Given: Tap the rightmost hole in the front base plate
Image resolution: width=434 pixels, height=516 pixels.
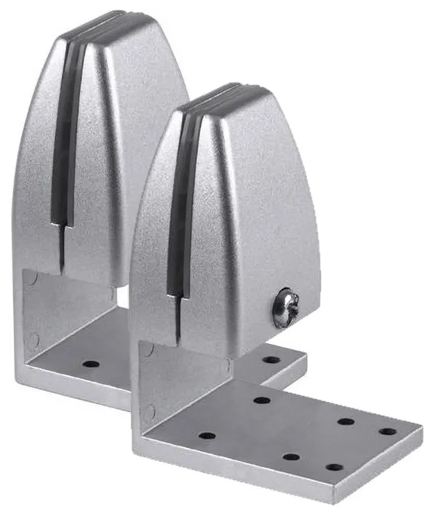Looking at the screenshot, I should tap(387, 431).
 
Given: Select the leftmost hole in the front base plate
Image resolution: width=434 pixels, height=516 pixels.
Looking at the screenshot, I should tap(206, 436).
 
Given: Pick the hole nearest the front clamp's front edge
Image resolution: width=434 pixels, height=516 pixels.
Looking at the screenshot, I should tap(333, 466).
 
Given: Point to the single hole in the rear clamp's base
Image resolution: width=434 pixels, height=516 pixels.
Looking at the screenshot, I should tap(91, 364).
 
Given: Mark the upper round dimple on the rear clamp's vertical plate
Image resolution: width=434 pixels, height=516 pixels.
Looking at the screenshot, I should tap(31, 282).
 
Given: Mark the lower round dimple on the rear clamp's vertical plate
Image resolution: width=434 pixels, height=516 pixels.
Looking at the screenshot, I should tap(32, 338).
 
